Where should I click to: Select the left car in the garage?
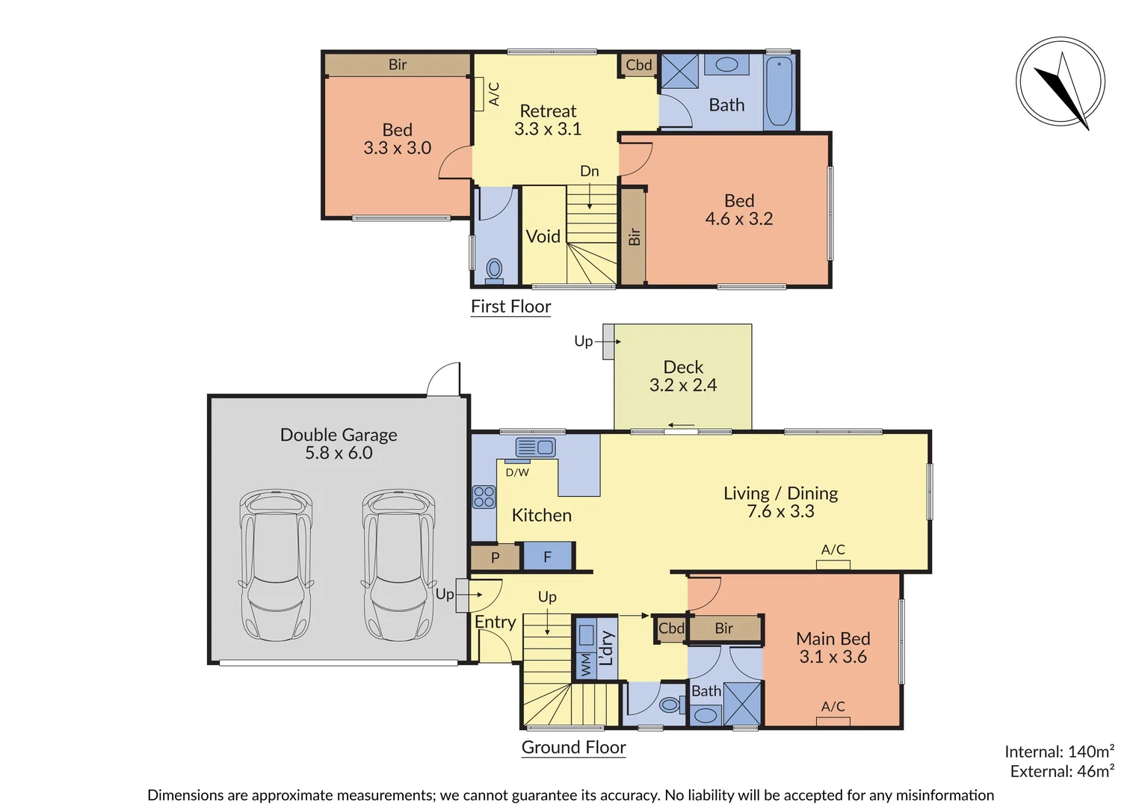click(x=276, y=565)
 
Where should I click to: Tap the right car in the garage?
click(x=399, y=565)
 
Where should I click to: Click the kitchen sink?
click(x=535, y=447)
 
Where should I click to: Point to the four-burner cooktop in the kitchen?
click(x=484, y=497)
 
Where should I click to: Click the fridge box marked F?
click(x=547, y=557)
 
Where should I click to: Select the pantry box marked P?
click(x=495, y=557)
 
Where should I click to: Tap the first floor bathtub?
click(x=779, y=92)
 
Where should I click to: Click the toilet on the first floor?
click(x=494, y=270)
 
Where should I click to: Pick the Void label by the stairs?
click(x=543, y=237)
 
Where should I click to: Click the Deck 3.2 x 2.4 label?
click(x=683, y=377)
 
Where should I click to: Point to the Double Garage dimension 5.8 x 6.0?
click(x=339, y=453)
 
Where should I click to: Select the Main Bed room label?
click(x=833, y=639)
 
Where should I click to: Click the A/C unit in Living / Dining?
click(x=833, y=564)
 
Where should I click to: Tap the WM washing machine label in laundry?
click(x=586, y=664)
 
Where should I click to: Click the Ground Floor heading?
click(x=573, y=747)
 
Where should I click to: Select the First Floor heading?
click(x=510, y=306)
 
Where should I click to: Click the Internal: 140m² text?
click(x=1059, y=752)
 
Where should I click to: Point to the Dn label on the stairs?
click(x=589, y=171)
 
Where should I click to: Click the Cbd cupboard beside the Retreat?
click(x=639, y=65)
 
